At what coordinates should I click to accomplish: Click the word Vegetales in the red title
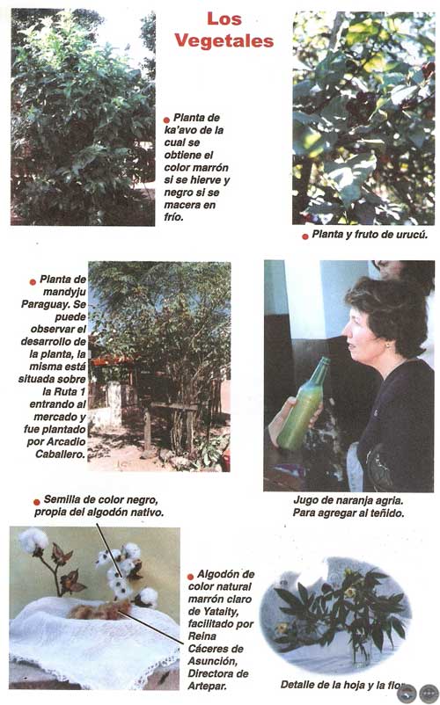coord(224,40)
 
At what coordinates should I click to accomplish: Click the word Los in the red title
coord(224,18)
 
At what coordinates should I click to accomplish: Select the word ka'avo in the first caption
coord(180,130)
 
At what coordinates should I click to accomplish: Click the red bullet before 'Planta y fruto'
coord(305,236)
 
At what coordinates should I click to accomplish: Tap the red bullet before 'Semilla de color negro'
coord(37,502)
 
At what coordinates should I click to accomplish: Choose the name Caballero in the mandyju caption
coord(61,454)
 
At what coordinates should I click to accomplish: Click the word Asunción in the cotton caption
coord(212,661)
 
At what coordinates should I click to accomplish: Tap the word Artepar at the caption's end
coord(208,687)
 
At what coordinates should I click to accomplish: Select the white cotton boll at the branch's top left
coord(34,541)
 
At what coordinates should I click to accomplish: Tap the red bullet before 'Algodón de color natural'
coord(190,577)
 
